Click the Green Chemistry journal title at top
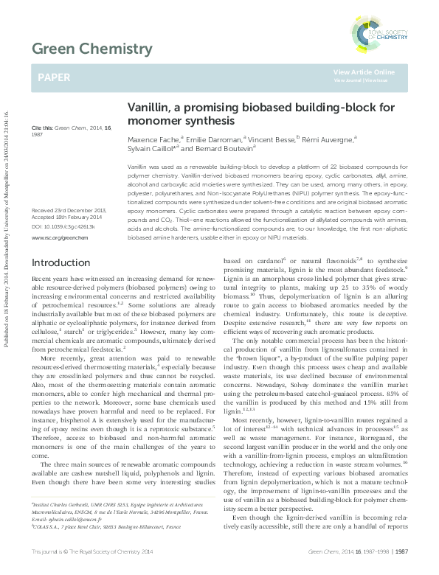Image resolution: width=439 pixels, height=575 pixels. [x=91, y=49]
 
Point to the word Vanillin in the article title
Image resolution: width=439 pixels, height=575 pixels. [x=148, y=106]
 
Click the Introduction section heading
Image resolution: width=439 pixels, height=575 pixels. [x=59, y=263]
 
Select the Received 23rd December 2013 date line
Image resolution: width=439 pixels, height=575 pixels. [x=68, y=212]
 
